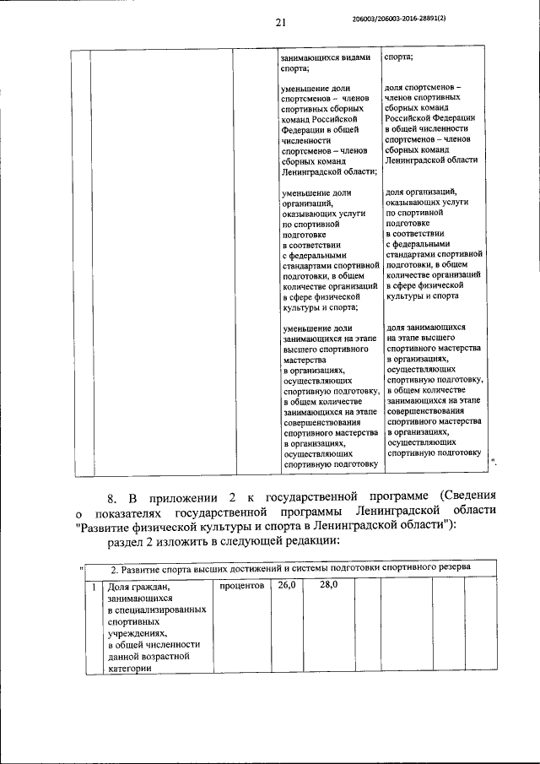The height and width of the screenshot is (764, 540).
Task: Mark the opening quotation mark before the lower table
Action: click(78, 566)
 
